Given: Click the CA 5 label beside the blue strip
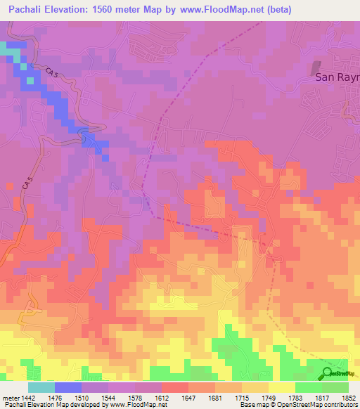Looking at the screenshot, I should pyautogui.click(x=52, y=73).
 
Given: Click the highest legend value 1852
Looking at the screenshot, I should pyautogui.click(x=349, y=398).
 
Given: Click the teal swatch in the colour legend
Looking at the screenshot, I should pyautogui.click(x=41, y=387).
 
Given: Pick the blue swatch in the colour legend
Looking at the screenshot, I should pyautogui.click(x=68, y=387).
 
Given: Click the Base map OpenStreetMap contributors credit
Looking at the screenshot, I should pyautogui.click(x=300, y=405).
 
